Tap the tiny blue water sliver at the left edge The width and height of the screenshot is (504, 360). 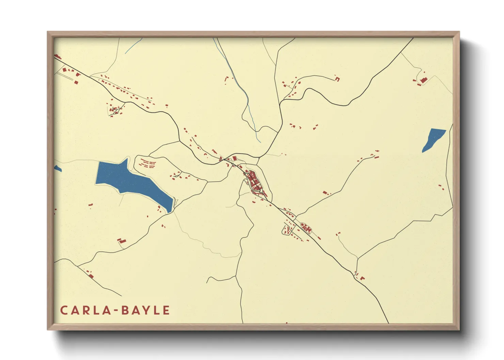pos(57,168)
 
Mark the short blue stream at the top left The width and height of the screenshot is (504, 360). pos(133,46)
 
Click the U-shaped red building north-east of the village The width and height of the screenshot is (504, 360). pos(337,79)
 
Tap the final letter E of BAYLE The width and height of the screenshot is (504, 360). pos(166,310)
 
